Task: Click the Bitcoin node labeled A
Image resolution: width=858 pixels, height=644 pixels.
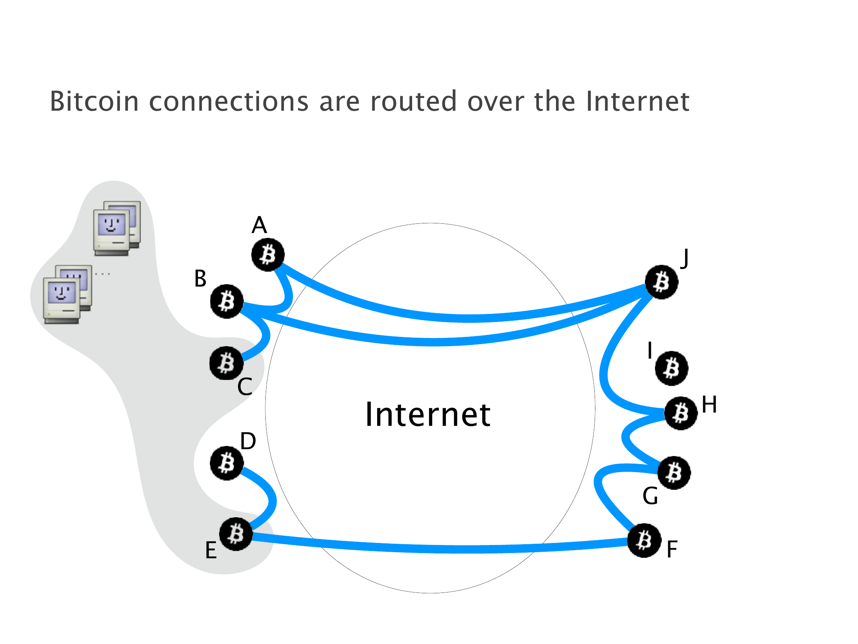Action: [268, 255]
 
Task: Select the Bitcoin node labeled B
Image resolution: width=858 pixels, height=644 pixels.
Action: [227, 301]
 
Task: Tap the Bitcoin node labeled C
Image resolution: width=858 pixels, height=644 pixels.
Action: [226, 363]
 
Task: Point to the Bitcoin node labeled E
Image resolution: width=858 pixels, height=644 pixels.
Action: [236, 534]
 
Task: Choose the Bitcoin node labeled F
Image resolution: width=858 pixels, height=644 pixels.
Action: [644, 540]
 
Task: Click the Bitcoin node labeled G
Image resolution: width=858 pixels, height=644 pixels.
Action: [674, 473]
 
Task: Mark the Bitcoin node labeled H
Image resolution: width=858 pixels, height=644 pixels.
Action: [681, 413]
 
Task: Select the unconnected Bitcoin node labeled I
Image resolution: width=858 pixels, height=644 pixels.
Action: [671, 368]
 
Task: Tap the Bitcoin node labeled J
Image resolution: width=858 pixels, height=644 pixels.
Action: [661, 282]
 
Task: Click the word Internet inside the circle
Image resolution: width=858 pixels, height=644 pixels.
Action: [428, 415]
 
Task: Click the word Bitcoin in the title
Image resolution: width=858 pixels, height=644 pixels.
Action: [94, 101]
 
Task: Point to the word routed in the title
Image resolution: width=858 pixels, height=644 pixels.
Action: [413, 101]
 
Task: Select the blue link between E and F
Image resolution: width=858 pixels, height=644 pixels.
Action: [442, 548]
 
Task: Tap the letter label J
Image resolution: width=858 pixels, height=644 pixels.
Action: [685, 258]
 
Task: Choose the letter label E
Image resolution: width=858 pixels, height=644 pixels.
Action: [211, 550]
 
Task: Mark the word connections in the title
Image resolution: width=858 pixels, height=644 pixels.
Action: [229, 101]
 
